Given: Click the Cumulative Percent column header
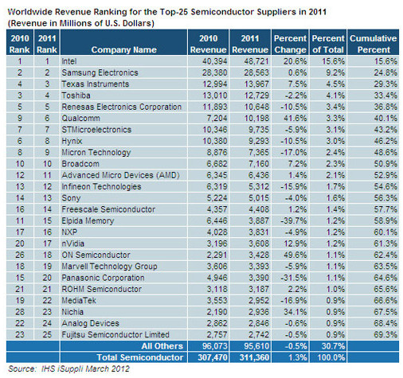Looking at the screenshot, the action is coord(373,44).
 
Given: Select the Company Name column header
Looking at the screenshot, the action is coord(123,49).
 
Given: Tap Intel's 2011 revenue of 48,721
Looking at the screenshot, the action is coord(256,61).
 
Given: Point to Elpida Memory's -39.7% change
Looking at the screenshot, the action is coord(294,220).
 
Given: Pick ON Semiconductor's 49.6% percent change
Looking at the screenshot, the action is coord(295,255).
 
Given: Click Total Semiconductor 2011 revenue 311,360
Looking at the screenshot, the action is coord(254,357).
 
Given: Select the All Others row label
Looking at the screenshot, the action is coord(162,346).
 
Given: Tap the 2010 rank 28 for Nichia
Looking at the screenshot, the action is coord(20,312).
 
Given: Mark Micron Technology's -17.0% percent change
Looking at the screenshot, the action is coord(294,152).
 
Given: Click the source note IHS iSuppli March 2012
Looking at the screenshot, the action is coord(68,369).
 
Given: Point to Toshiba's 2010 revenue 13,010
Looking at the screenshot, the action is coord(215,95).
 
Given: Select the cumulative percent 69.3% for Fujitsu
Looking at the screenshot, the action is coord(385,335).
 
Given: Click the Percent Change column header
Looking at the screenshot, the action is coord(290,44).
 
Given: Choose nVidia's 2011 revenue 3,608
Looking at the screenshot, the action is coord(259,244).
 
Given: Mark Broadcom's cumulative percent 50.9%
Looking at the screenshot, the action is coord(385,164).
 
